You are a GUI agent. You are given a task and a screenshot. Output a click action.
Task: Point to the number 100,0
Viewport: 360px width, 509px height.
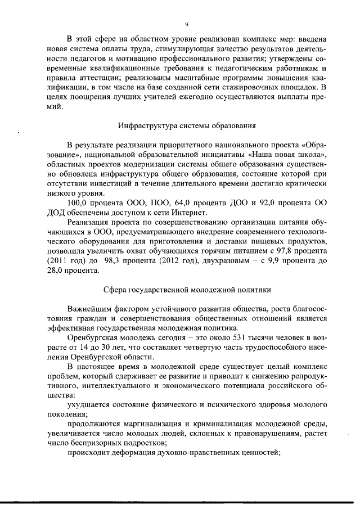click(78, 202)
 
